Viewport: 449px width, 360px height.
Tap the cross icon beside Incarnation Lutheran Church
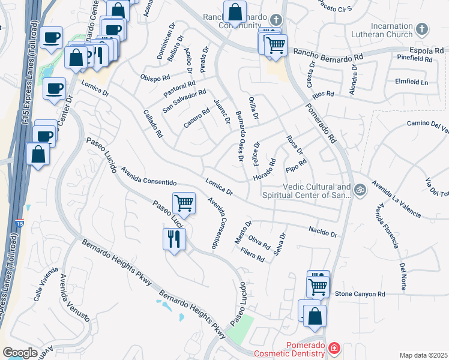[422, 29]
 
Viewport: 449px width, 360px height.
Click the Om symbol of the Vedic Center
[360, 190]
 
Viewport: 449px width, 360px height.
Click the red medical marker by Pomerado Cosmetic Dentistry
[334, 347]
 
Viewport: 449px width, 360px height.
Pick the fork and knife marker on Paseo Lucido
[175, 239]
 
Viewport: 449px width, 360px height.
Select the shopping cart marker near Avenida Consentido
[184, 203]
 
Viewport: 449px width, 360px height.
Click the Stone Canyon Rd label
[360, 294]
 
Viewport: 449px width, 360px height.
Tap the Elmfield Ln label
[411, 82]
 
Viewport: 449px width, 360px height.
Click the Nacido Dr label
[323, 232]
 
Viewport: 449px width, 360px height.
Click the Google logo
[20, 353]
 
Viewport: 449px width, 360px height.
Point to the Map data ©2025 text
[423, 355]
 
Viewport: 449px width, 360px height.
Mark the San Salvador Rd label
[184, 101]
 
